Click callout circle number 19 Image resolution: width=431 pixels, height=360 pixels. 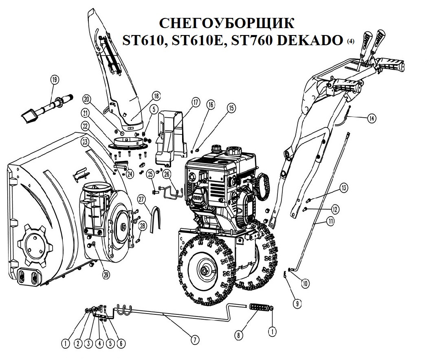tap(55, 80)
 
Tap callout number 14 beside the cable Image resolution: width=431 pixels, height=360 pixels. tap(372, 119)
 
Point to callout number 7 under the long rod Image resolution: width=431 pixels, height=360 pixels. tap(195, 340)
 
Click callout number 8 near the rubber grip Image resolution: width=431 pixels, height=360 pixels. tap(239, 335)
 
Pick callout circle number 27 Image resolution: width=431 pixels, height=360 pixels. tap(141, 200)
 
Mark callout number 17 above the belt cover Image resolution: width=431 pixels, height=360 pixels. tap(195, 103)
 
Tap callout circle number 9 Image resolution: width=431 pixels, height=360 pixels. tap(297, 303)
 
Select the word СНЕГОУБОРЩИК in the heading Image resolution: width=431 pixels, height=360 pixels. tap(226, 23)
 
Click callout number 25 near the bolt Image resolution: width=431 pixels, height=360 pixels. tap(150, 174)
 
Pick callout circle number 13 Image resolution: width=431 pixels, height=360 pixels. tap(343, 188)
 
